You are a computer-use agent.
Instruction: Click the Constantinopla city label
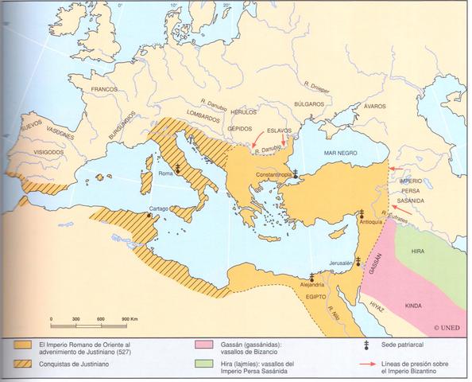(271, 172)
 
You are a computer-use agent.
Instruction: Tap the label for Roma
(166, 173)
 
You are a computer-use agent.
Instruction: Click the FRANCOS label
(105, 89)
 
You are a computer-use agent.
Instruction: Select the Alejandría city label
(311, 284)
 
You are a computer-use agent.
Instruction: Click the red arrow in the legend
(369, 364)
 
